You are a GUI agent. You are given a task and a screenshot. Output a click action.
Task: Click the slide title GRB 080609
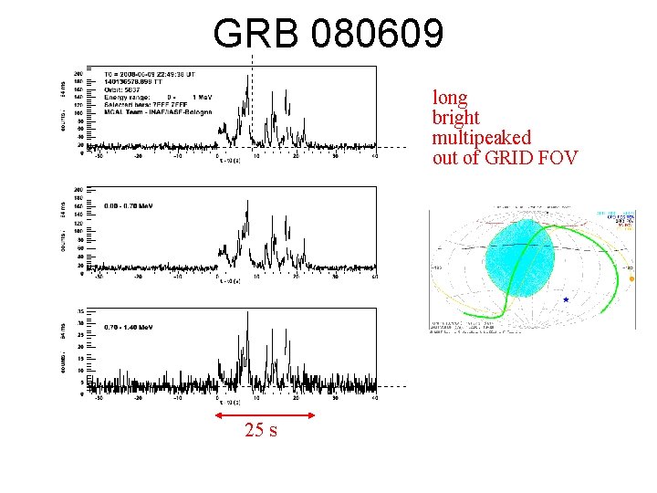click(x=328, y=34)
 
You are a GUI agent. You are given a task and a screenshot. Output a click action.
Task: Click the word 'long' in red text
click(x=450, y=98)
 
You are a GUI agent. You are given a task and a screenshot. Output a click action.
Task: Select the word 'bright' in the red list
click(x=455, y=118)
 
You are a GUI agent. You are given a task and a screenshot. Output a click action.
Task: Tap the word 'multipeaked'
click(x=481, y=138)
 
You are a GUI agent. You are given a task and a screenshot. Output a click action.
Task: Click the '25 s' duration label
click(x=260, y=430)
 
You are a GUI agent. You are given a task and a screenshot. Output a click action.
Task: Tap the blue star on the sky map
click(x=566, y=299)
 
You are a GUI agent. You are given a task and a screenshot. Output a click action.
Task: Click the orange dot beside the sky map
click(x=631, y=278)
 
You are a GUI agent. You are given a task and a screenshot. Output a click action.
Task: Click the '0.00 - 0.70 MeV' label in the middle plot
click(x=129, y=205)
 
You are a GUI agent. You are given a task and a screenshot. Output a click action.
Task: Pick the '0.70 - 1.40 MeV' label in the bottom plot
click(x=129, y=326)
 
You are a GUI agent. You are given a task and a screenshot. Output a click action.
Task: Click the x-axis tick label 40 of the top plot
click(x=375, y=155)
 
